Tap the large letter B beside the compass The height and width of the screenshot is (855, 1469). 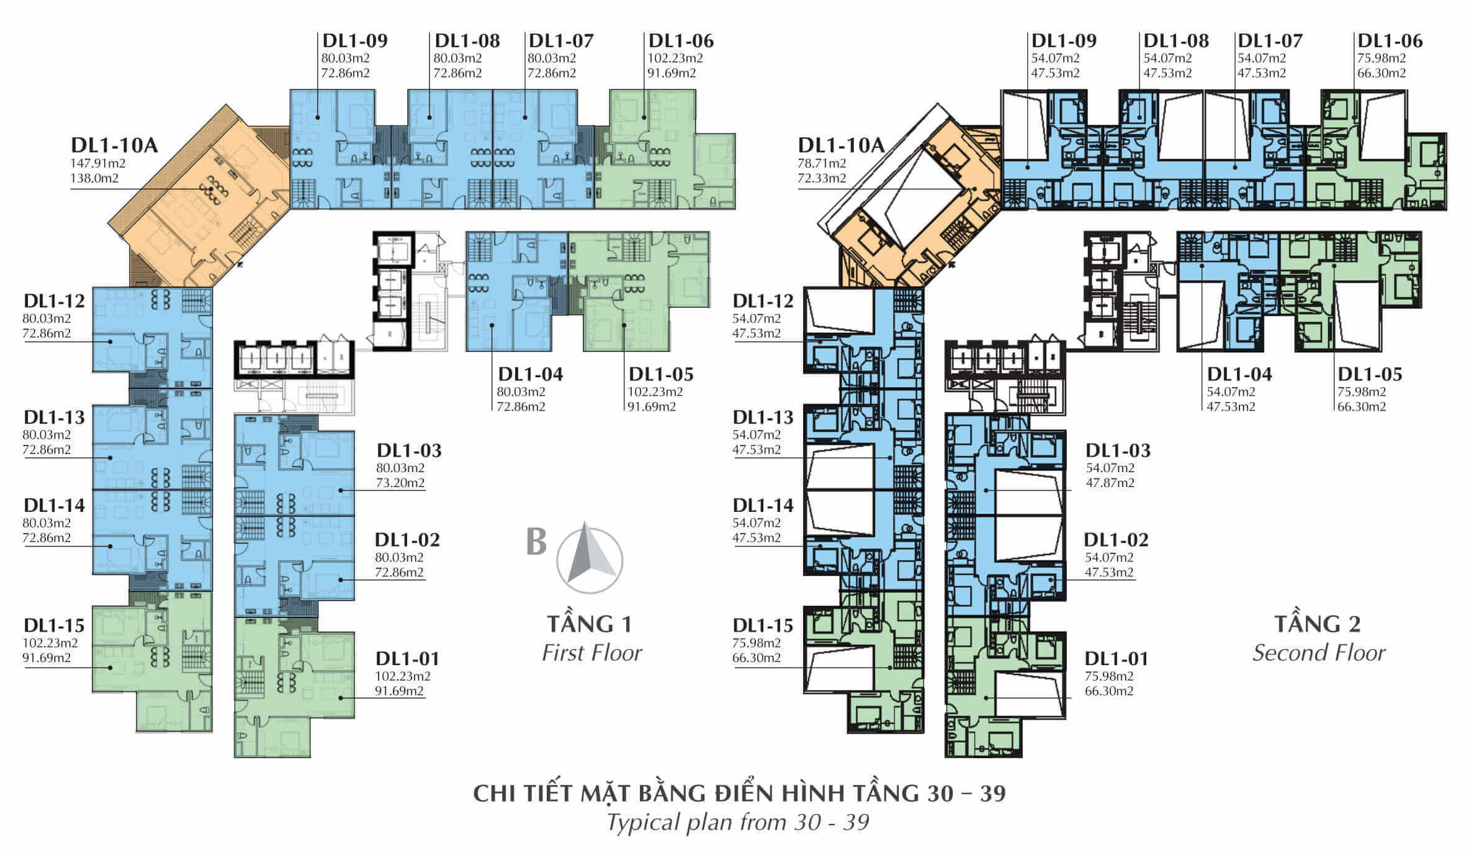(536, 541)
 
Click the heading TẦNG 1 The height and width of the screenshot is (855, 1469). (589, 624)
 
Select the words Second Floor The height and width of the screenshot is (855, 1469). (1319, 653)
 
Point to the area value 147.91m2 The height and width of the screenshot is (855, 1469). (98, 163)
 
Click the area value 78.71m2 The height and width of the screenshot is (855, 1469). (822, 163)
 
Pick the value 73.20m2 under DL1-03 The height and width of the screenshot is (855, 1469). (400, 483)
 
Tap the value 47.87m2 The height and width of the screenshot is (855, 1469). (1110, 483)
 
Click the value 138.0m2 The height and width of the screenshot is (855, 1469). (95, 178)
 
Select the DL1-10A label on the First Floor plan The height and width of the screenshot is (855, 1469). (114, 145)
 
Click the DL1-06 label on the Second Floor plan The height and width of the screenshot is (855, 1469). (1390, 41)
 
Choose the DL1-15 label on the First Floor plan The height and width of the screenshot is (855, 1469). (54, 625)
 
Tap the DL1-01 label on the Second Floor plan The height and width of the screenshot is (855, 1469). (1116, 658)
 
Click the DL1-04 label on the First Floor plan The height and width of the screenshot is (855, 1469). (531, 374)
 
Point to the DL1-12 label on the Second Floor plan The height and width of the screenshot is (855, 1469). (763, 301)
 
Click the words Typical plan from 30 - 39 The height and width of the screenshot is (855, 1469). (738, 822)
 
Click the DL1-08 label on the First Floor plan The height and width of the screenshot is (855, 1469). (467, 41)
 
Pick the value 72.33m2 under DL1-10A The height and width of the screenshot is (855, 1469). (822, 178)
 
